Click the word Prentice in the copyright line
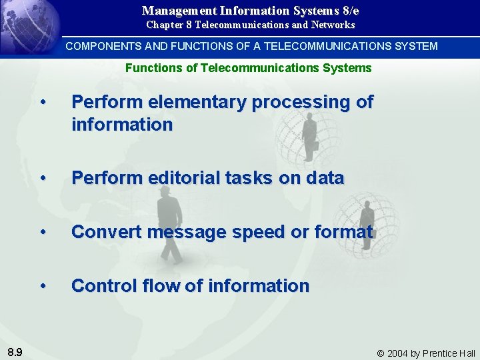[440, 353]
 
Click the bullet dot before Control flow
[43, 286]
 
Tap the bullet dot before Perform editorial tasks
[43, 178]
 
